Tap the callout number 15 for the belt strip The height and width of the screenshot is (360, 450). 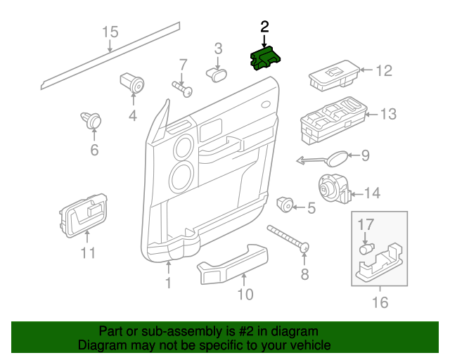110,32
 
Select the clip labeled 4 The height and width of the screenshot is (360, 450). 133,84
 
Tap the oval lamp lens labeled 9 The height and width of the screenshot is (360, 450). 338,157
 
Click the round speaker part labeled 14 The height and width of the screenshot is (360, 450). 332,188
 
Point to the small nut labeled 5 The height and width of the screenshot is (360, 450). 285,204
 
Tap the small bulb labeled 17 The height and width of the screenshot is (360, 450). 366,248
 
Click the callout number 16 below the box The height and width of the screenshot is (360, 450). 380,303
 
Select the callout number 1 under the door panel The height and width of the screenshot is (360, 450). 168,283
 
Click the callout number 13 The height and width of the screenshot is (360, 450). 388,114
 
